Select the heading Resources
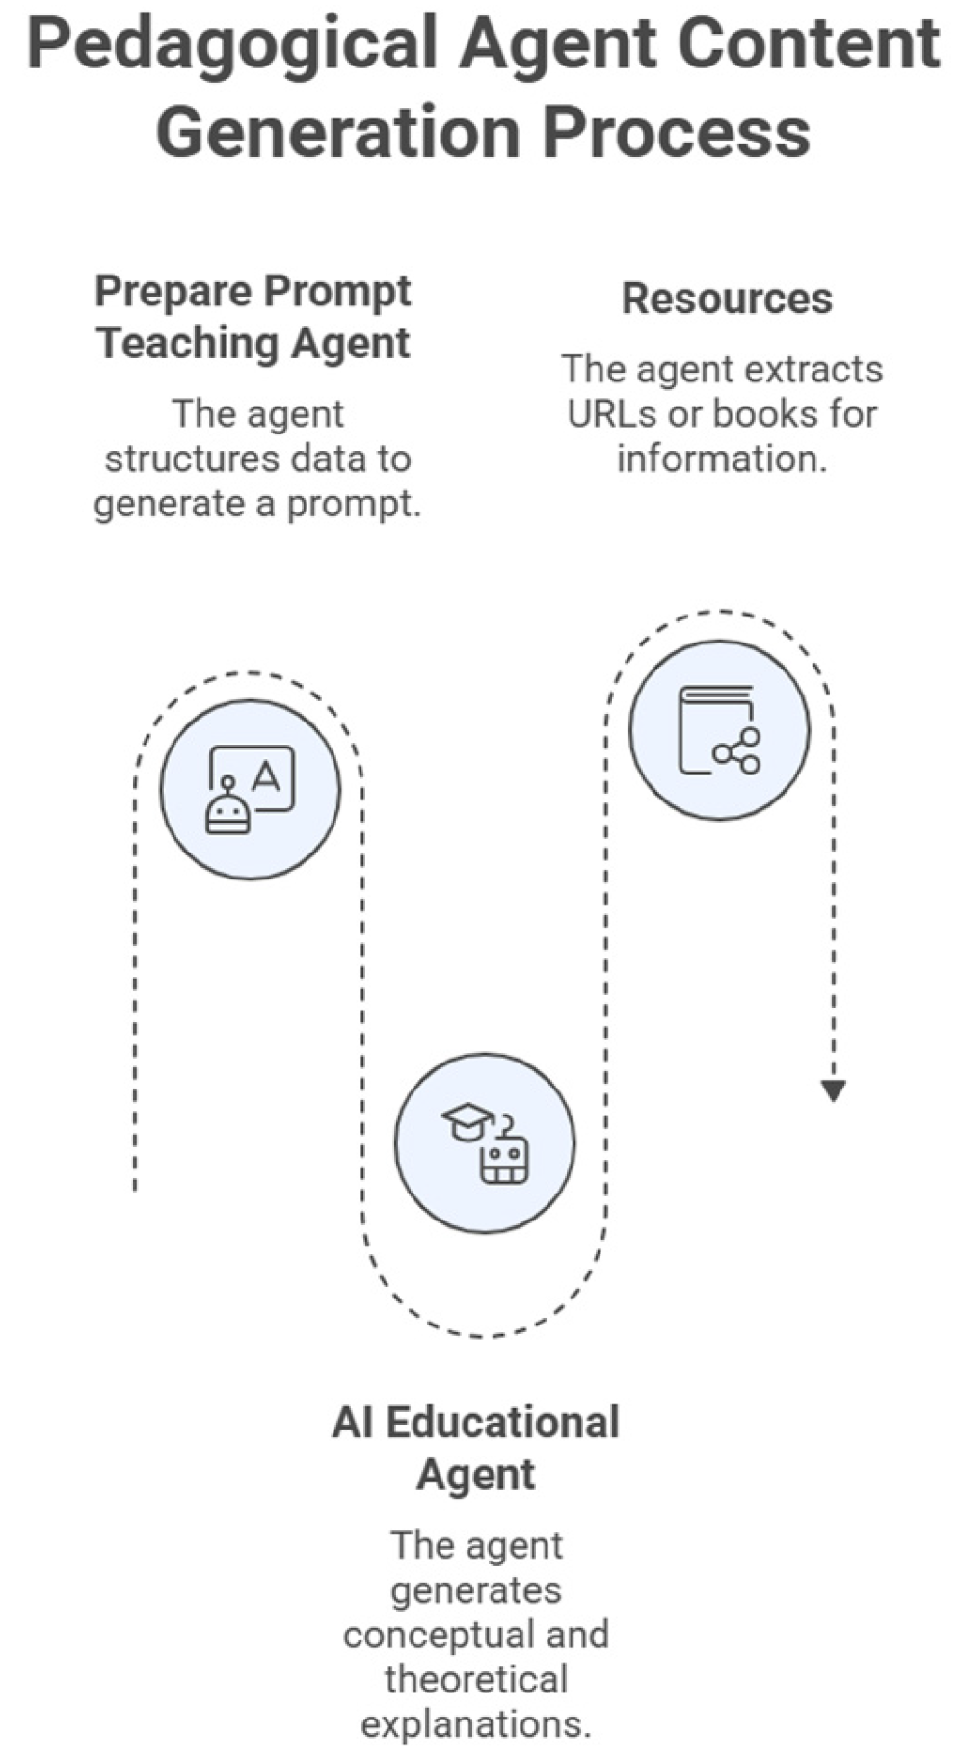727,299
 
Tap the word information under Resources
722,459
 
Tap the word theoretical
476,1679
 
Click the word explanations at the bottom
476,1724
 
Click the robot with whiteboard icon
251,789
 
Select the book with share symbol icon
720,730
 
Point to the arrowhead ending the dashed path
833,1089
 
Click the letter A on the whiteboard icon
266,775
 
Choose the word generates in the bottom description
476,1590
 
